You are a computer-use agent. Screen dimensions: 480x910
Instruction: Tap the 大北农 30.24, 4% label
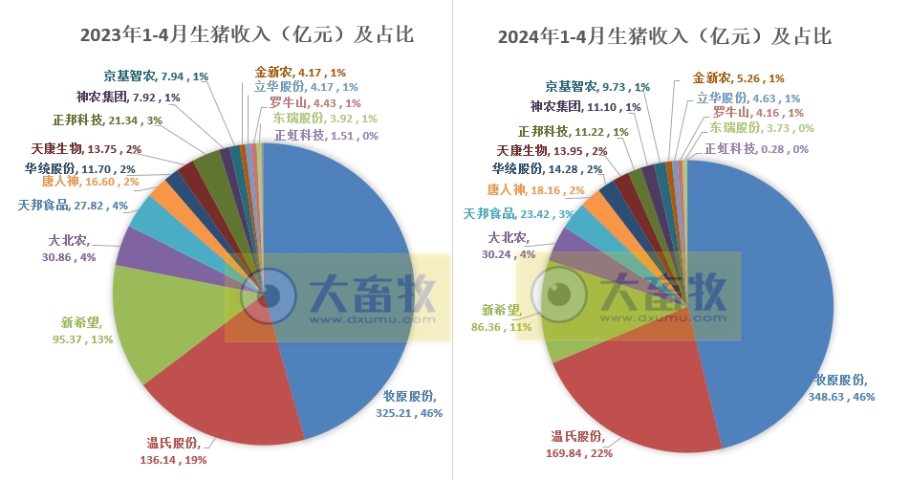click(x=511, y=247)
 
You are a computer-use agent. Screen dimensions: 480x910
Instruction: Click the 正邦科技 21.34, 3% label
click(x=107, y=120)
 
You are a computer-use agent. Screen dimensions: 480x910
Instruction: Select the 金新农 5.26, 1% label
click(x=737, y=78)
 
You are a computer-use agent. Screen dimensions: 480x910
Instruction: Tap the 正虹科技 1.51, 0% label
click(x=326, y=136)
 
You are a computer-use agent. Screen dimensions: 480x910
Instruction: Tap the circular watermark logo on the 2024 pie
click(x=554, y=295)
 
